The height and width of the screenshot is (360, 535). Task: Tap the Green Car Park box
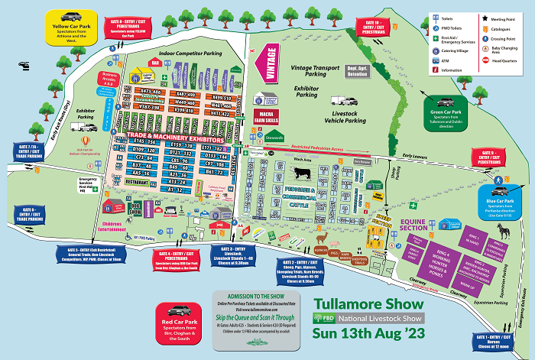449,110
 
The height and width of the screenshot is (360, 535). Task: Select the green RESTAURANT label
136,183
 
